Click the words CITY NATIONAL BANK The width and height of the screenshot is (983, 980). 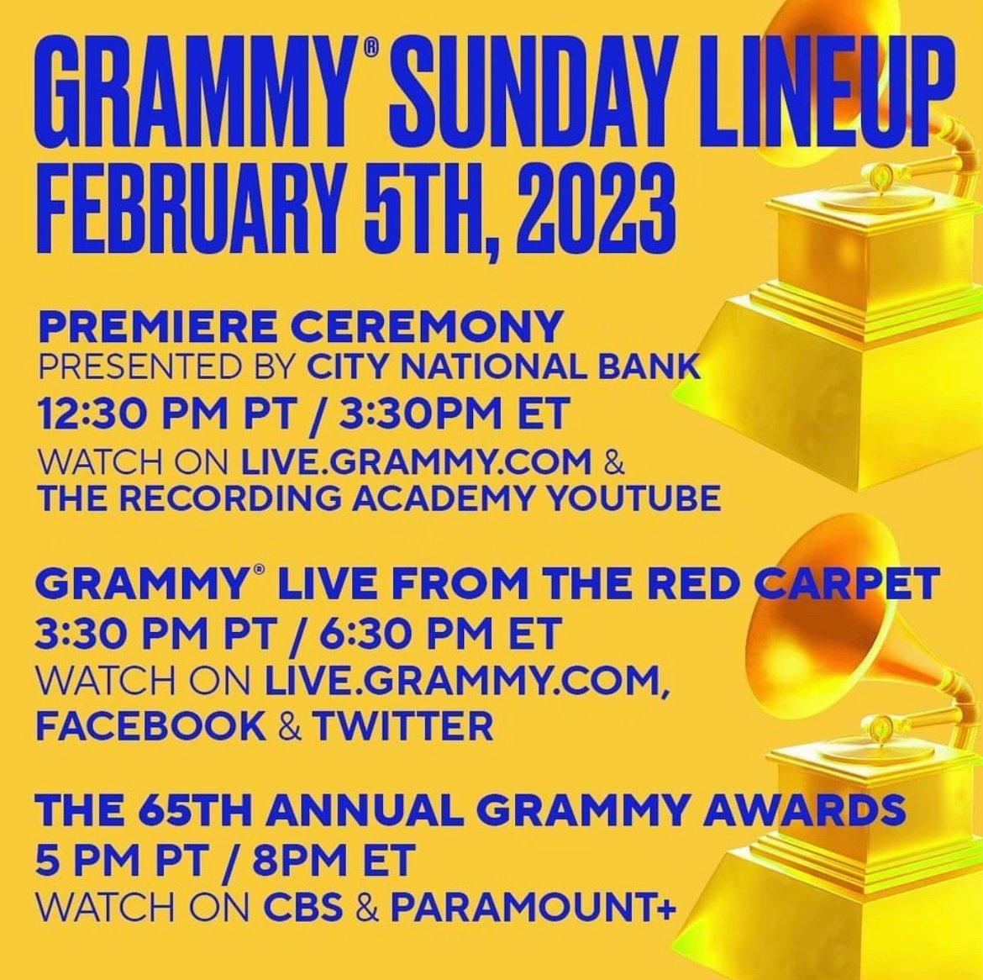tap(503, 366)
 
